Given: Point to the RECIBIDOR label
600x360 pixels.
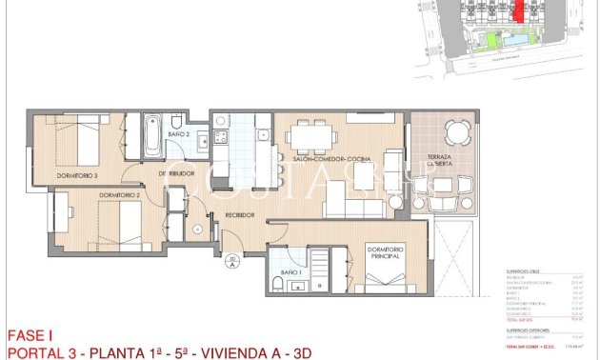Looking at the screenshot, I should pos(238,215).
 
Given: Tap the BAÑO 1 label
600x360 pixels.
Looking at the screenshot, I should pos(290,273).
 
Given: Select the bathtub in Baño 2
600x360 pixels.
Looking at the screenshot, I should pos(151,137).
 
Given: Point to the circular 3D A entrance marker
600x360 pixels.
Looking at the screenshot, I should pos(232,262).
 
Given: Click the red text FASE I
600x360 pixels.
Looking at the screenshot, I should pos(29,335).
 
